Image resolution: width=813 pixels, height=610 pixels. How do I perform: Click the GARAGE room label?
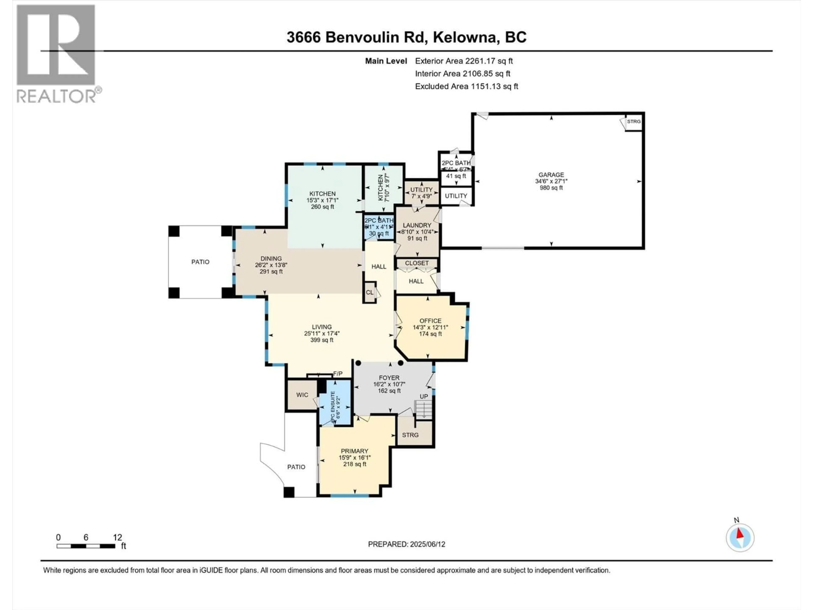pos(551,175)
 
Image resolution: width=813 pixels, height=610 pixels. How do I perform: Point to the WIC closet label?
pos(302,395)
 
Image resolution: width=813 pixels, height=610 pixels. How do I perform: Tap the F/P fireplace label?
pos(338,374)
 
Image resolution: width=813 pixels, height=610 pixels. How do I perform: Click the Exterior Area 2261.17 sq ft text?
pos(464,61)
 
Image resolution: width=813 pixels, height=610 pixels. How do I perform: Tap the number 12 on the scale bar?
pos(117,538)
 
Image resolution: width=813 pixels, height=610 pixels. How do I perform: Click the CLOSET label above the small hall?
pos(417,263)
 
